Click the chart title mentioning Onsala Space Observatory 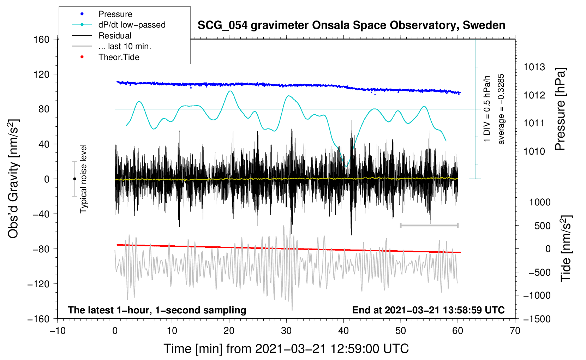click(351, 25)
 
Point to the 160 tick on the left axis click(42, 40)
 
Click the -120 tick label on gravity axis click(38, 284)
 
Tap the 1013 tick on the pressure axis click(534, 67)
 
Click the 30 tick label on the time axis click(286, 331)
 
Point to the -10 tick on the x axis click(58, 331)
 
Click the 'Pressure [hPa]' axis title click(560, 109)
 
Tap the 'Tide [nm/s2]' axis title click(566, 248)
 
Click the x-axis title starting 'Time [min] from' click(286, 349)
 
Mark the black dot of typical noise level click(74, 179)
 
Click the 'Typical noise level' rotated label click(83, 179)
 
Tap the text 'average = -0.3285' click(501, 109)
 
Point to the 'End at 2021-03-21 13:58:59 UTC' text click(428, 310)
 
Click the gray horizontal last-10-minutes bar click(429, 225)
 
